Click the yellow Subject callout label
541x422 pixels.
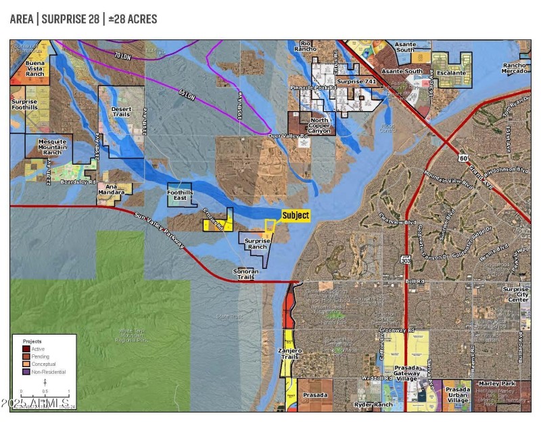(296, 215)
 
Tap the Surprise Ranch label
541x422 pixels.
(256, 244)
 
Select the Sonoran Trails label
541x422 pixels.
(245, 274)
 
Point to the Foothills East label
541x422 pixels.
(180, 194)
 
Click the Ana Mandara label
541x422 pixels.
(112, 190)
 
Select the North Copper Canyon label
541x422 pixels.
(319, 125)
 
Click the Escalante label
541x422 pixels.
(452, 71)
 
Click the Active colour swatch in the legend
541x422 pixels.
(26, 349)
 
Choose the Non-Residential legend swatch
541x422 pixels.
(26, 371)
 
